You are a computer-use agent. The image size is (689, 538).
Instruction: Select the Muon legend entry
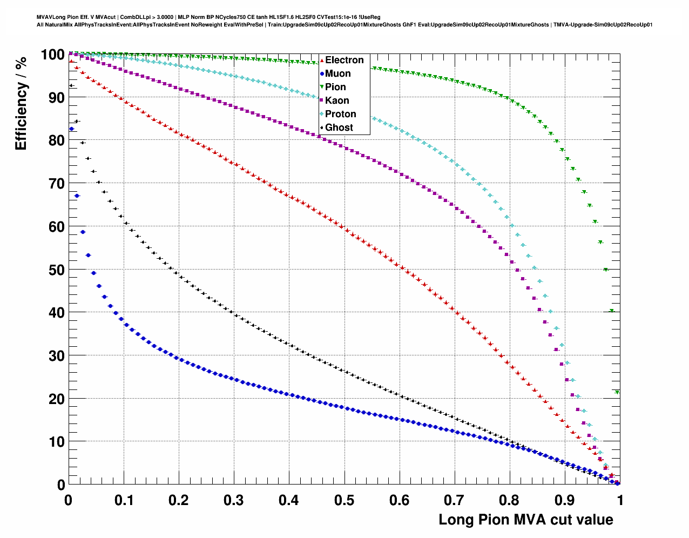[x=337, y=73]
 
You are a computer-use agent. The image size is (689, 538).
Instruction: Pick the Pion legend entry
[x=335, y=87]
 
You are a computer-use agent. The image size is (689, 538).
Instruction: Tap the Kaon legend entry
[x=337, y=100]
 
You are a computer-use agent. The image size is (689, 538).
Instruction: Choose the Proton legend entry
[x=340, y=114]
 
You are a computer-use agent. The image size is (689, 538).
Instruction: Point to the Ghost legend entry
[x=339, y=127]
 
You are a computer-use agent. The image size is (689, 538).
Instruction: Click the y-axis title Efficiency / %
[x=21, y=103]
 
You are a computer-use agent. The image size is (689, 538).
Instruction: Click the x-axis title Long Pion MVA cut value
[x=525, y=520]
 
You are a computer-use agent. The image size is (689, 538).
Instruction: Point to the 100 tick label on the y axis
[x=52, y=55]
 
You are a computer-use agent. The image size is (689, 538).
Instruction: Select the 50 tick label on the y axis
[x=57, y=270]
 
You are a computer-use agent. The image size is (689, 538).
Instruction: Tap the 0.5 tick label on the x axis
[x=344, y=500]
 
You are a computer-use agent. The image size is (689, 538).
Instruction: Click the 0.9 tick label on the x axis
[x=565, y=500]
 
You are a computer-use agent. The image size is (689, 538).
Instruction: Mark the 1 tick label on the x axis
[x=620, y=500]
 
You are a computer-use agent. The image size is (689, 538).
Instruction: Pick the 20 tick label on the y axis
[x=57, y=399]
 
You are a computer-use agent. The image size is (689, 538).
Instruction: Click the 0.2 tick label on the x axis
[x=178, y=500]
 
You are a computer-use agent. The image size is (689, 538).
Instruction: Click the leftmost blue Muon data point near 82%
[x=71, y=129]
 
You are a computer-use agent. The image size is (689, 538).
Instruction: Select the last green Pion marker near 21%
[x=617, y=393]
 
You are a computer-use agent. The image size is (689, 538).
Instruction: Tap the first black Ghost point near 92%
[x=71, y=85]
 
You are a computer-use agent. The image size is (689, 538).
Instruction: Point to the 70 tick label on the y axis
[x=57, y=184]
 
